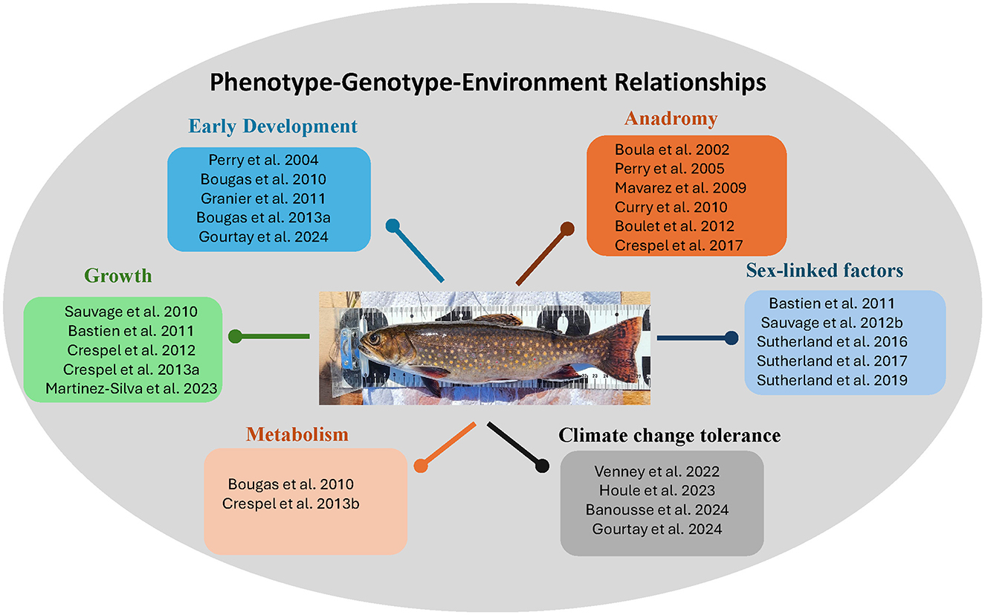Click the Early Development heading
273,126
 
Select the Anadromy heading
671,119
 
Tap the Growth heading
118,276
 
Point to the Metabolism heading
297,434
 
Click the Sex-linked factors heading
824,271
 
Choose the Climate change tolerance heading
669,436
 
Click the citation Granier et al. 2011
263,199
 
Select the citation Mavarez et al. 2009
680,188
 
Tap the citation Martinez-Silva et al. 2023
131,389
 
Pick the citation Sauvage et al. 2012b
832,323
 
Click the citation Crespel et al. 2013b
291,503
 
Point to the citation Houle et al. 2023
657,491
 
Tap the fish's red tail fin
622,347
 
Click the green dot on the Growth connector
235,337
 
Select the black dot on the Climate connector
542,466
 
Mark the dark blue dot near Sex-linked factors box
732,338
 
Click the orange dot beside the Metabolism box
421,466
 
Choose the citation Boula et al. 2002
672,150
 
